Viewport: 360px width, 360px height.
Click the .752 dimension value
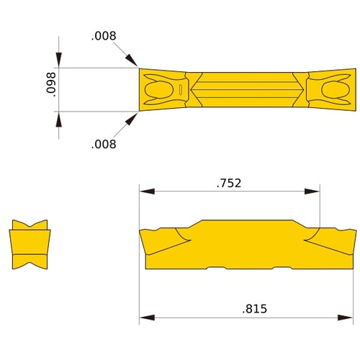pos(229,183)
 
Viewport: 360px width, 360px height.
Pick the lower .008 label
pos(104,144)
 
